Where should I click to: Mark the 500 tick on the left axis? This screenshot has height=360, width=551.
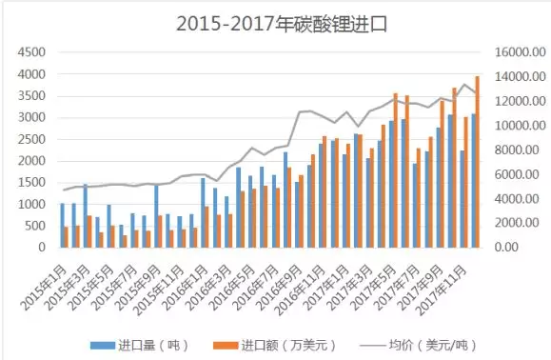[38, 226]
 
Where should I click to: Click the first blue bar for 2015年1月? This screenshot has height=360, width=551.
[63, 225]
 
